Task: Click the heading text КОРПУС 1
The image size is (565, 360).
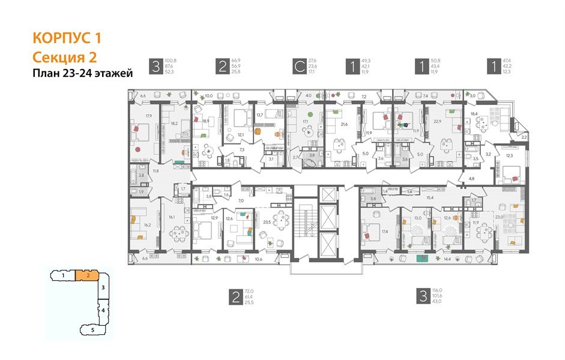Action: point(67,39)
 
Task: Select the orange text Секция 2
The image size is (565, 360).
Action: point(64,57)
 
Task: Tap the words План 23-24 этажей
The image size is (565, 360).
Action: point(82,73)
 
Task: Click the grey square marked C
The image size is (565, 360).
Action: point(298,66)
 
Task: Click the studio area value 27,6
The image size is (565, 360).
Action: point(312,61)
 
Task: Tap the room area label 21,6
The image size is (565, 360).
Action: point(345,124)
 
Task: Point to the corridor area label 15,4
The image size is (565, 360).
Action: point(430,197)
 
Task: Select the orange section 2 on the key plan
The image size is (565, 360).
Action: point(88,275)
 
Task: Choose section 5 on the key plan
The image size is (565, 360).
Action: point(92,329)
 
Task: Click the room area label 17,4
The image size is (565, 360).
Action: point(384,231)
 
